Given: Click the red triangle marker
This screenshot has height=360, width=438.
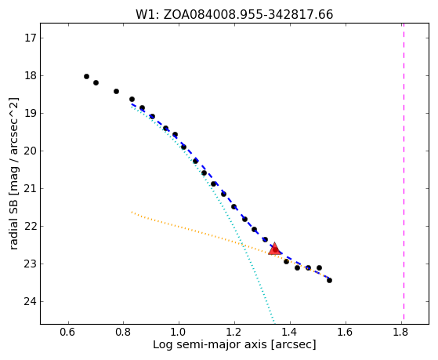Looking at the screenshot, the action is tap(274, 249).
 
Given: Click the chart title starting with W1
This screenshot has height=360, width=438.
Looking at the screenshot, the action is tap(234, 15).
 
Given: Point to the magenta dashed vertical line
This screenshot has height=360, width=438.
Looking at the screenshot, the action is tap(404, 172).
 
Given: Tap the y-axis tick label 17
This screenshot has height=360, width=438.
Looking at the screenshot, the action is tap(31, 38).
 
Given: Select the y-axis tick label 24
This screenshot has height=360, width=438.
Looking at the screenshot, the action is tap(31, 301).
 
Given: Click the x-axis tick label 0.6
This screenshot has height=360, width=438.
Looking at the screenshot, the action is tap(67, 333).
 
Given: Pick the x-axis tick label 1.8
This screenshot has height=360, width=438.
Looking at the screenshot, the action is tap(401, 333).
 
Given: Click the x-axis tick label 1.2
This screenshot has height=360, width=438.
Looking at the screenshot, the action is tap(234, 333).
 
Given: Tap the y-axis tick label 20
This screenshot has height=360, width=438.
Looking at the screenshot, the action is tap(31, 151).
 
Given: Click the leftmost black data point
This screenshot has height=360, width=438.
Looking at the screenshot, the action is tap(87, 76).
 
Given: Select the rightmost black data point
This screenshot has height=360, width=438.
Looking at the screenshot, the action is tap(329, 280).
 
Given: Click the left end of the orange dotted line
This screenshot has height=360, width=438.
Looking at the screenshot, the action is tap(132, 212).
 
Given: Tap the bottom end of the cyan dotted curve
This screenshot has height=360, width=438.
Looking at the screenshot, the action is tap(274, 323).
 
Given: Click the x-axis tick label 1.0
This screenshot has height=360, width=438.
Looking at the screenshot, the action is tap(179, 333).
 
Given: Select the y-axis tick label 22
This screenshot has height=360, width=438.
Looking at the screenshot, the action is tap(31, 227).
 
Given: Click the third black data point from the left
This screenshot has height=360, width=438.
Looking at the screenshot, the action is tap(117, 91).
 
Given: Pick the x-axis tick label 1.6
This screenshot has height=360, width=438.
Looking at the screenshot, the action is tap(346, 333).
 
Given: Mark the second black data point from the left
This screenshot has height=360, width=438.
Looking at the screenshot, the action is tap(96, 82).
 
